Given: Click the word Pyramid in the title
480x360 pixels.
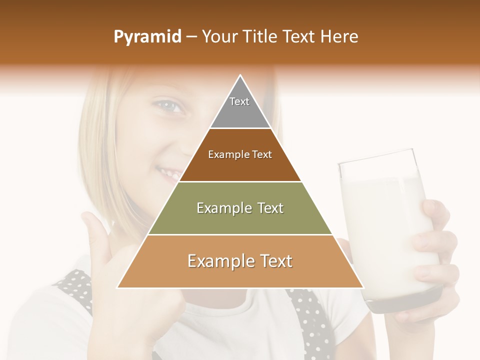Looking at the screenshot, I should pos(147,37).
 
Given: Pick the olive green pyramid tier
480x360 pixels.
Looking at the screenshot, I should pos(240,220).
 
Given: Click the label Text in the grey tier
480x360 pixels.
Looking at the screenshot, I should pos(239,101).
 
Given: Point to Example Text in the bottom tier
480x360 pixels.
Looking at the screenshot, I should pos(240,261).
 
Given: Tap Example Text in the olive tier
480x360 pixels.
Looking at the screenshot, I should pos(240,208).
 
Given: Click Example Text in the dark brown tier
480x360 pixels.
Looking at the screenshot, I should pos(240,154).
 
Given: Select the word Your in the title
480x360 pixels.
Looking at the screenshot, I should pos(218,37).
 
